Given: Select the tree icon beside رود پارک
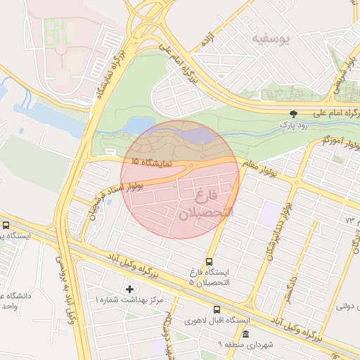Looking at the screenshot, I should coord(293,113).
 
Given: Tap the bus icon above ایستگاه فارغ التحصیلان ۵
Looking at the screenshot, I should coord(208,262).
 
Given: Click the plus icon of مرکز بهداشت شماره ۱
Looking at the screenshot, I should coord(129,288).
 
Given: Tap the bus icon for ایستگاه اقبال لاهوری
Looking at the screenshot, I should coord(216,309).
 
